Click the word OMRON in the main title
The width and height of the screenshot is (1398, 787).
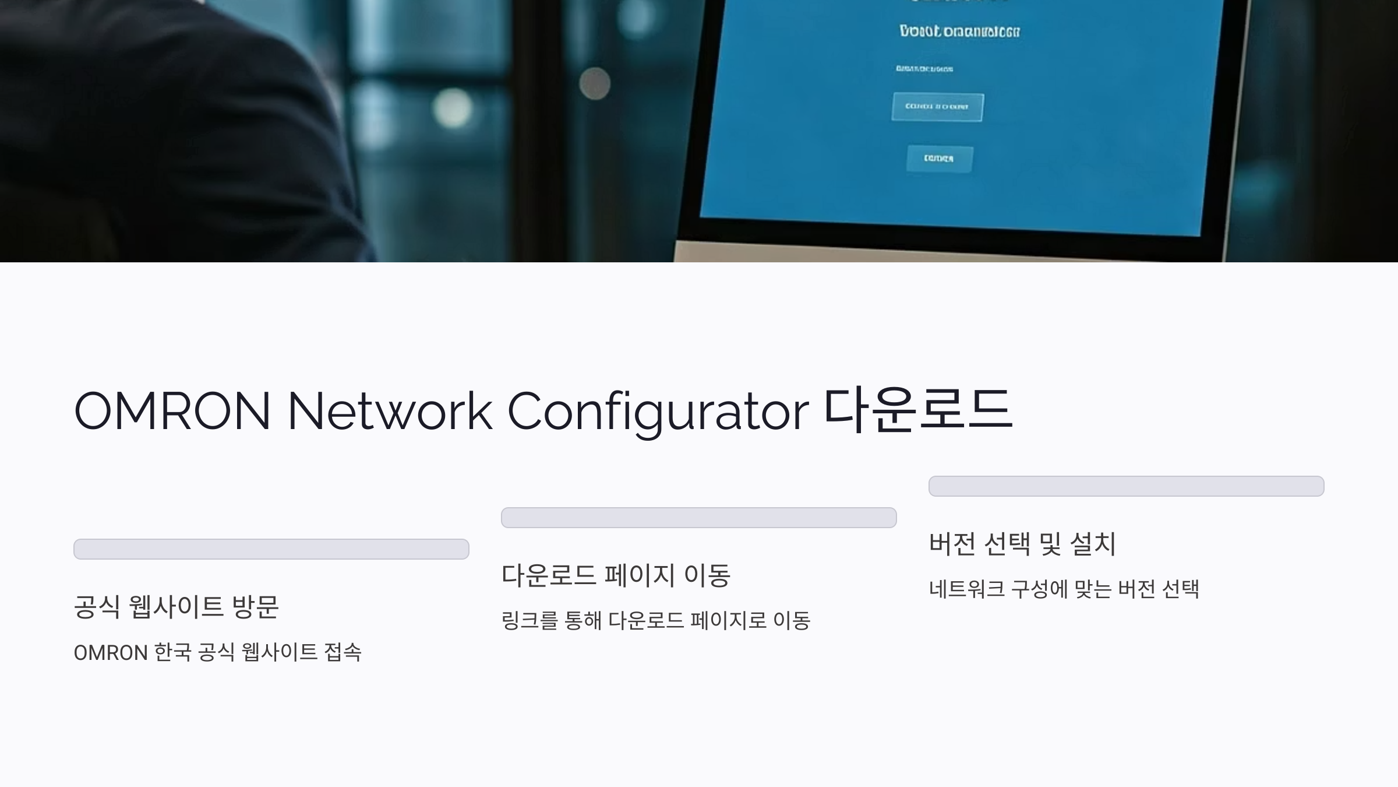pos(172,411)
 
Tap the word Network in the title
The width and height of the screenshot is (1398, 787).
pos(390,411)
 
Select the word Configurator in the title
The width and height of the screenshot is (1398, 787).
pos(658,411)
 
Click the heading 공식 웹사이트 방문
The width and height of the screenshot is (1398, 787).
pos(176,606)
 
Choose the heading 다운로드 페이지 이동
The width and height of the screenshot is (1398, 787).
pos(616,575)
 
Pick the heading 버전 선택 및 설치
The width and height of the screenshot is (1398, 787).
pos(1022,543)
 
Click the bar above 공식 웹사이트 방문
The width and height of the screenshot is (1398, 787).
pos(271,549)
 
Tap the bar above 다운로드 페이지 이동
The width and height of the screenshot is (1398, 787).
pos(698,518)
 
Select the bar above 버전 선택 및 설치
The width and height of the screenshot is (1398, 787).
pos(1126,486)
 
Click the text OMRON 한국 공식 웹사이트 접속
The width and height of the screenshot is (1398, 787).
pos(217,652)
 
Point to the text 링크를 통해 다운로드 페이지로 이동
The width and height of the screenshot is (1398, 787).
pos(655,621)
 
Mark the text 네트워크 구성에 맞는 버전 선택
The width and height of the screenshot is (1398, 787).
pos(1064,589)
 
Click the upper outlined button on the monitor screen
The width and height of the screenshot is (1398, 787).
pos(937,107)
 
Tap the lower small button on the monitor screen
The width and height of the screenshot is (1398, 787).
pos(939,159)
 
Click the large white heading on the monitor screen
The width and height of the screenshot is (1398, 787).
pos(959,31)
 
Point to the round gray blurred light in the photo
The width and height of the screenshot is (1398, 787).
pos(595,83)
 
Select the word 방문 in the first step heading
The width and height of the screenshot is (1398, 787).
pos(255,606)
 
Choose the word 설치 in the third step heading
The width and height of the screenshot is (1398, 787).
pos(1093,543)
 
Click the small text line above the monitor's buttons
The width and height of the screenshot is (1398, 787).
pos(924,69)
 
